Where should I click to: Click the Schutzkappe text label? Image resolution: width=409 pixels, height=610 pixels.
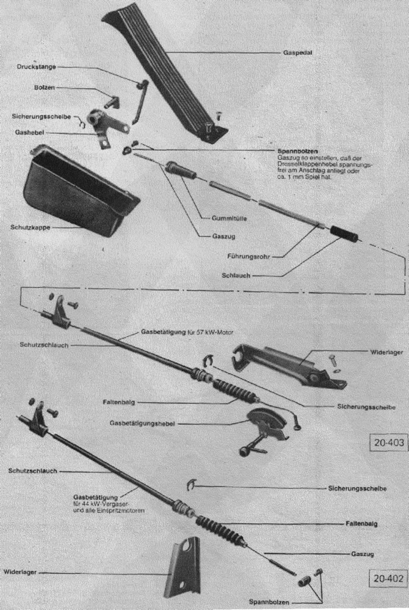[x=29, y=227]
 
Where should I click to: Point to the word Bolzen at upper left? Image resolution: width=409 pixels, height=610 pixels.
[x=45, y=88]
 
